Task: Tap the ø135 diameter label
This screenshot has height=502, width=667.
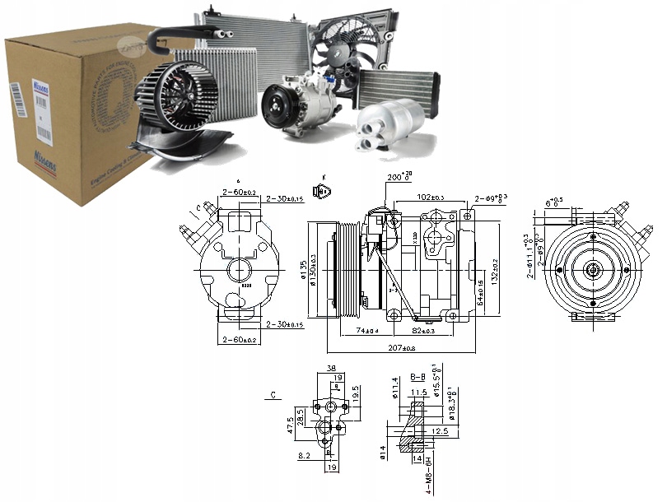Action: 304,268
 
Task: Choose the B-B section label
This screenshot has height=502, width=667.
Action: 417,378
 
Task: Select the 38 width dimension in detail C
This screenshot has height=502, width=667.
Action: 330,370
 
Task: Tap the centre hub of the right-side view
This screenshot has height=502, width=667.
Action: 593,269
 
